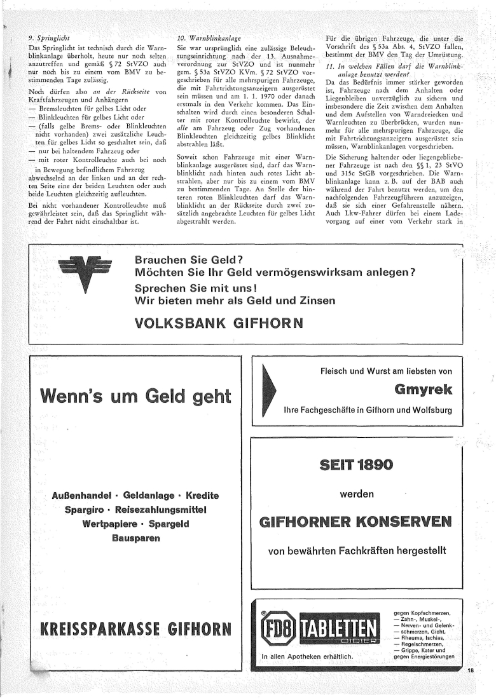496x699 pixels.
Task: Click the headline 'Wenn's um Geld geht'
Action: pyautogui.click(x=135, y=396)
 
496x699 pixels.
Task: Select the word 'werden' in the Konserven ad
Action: pyautogui.click(x=356, y=493)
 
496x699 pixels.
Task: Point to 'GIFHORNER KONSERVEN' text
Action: pyautogui.click(x=356, y=523)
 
